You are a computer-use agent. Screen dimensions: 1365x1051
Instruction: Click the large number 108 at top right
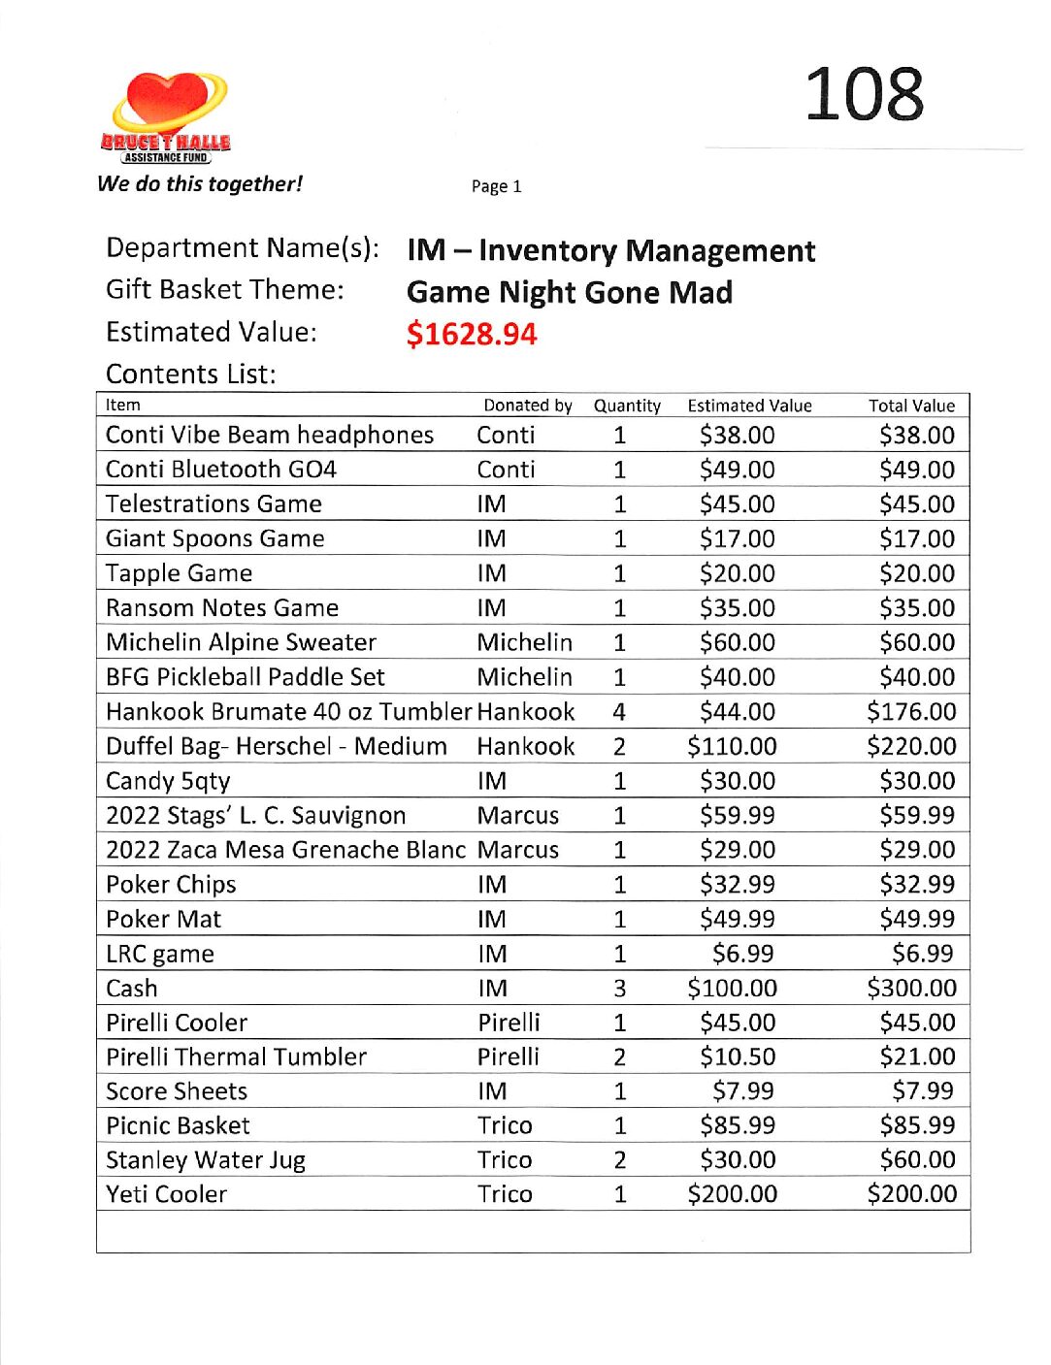click(x=864, y=95)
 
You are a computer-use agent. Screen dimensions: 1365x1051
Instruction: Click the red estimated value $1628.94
click(x=472, y=335)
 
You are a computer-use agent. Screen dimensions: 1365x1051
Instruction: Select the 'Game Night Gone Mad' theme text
click(x=570, y=292)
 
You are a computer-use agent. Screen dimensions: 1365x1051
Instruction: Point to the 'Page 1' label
click(x=496, y=186)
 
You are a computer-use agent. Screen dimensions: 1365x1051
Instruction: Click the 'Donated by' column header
click(x=528, y=406)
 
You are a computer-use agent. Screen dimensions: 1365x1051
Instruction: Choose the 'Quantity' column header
click(x=627, y=406)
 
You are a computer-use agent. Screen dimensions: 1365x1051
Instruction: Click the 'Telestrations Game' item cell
click(x=213, y=504)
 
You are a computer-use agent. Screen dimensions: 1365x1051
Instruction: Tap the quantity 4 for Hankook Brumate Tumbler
click(x=619, y=712)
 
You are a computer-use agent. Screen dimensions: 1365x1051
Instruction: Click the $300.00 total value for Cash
click(x=911, y=989)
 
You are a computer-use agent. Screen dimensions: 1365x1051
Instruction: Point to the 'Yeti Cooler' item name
click(x=166, y=1194)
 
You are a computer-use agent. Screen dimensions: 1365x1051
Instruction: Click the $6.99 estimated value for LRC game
click(x=742, y=954)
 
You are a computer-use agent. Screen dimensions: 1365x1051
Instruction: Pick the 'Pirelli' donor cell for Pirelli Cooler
click(x=509, y=1023)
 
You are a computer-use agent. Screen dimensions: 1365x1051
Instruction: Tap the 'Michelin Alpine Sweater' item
click(x=241, y=642)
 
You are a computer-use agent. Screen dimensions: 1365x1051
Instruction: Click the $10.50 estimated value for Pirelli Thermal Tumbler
click(x=737, y=1057)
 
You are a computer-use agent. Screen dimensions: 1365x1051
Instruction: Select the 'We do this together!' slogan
click(x=200, y=184)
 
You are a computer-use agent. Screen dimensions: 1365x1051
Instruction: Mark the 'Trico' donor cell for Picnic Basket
click(x=505, y=1125)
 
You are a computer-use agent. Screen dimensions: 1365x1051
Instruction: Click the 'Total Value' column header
click(x=911, y=406)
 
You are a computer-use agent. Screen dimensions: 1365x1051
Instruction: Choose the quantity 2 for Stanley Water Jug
click(x=619, y=1160)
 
